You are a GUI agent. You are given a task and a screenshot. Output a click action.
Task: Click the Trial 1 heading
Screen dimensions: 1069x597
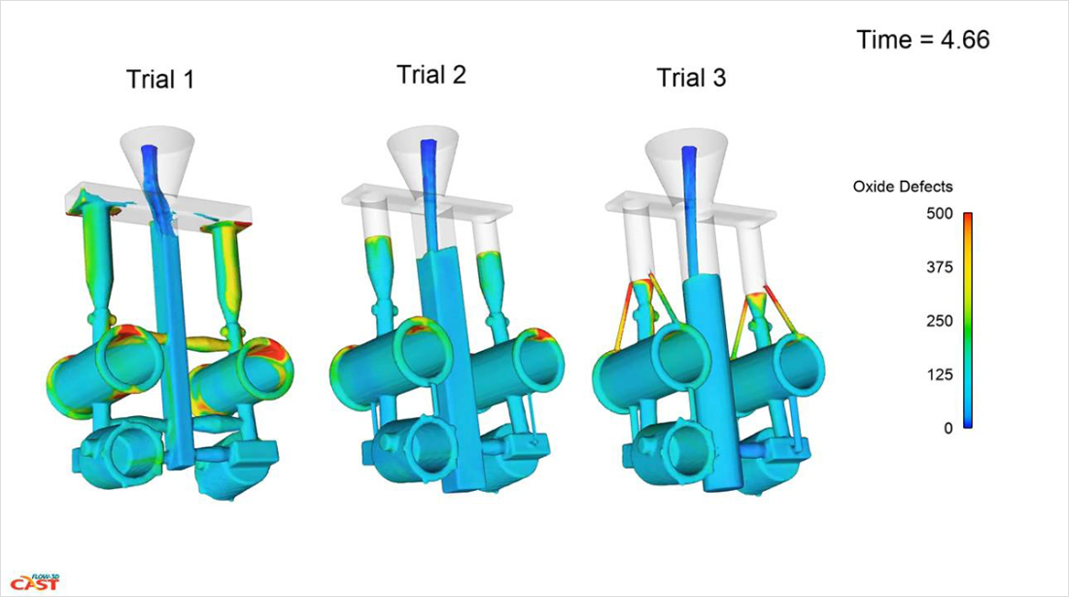point(160,79)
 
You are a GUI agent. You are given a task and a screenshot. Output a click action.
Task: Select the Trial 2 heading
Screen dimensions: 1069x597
point(431,74)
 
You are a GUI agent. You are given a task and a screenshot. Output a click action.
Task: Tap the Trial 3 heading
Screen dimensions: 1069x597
point(691,78)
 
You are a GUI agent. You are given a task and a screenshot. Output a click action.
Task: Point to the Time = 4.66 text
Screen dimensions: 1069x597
point(923,40)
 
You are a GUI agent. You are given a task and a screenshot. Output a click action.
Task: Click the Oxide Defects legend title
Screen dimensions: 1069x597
point(903,187)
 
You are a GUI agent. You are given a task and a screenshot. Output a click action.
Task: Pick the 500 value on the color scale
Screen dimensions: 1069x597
point(940,214)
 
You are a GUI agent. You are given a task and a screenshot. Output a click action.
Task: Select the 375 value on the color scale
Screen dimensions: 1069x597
point(940,267)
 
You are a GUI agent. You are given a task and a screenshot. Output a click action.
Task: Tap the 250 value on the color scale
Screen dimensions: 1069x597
point(940,321)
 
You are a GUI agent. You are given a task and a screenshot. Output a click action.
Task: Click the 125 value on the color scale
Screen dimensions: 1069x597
point(940,374)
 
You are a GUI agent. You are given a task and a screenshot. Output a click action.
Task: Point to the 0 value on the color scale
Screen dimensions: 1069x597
point(948,429)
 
